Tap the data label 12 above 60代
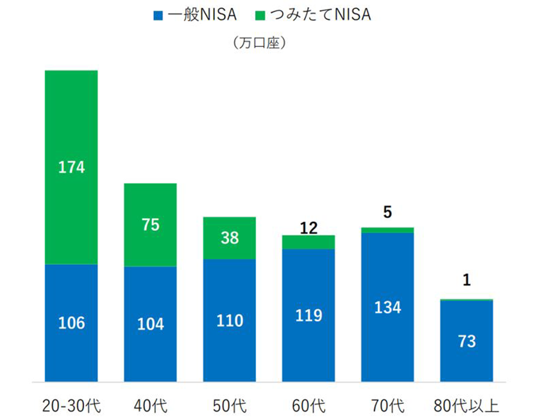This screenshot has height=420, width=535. [309, 227]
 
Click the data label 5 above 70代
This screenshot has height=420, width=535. [387, 212]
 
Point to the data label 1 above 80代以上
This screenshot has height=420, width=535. [466, 280]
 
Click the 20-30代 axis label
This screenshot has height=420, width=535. [71, 406]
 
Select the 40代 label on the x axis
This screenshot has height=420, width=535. [150, 406]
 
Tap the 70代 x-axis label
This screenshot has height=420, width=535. [387, 406]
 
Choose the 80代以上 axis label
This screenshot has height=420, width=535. [466, 406]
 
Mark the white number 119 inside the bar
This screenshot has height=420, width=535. [309, 315]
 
